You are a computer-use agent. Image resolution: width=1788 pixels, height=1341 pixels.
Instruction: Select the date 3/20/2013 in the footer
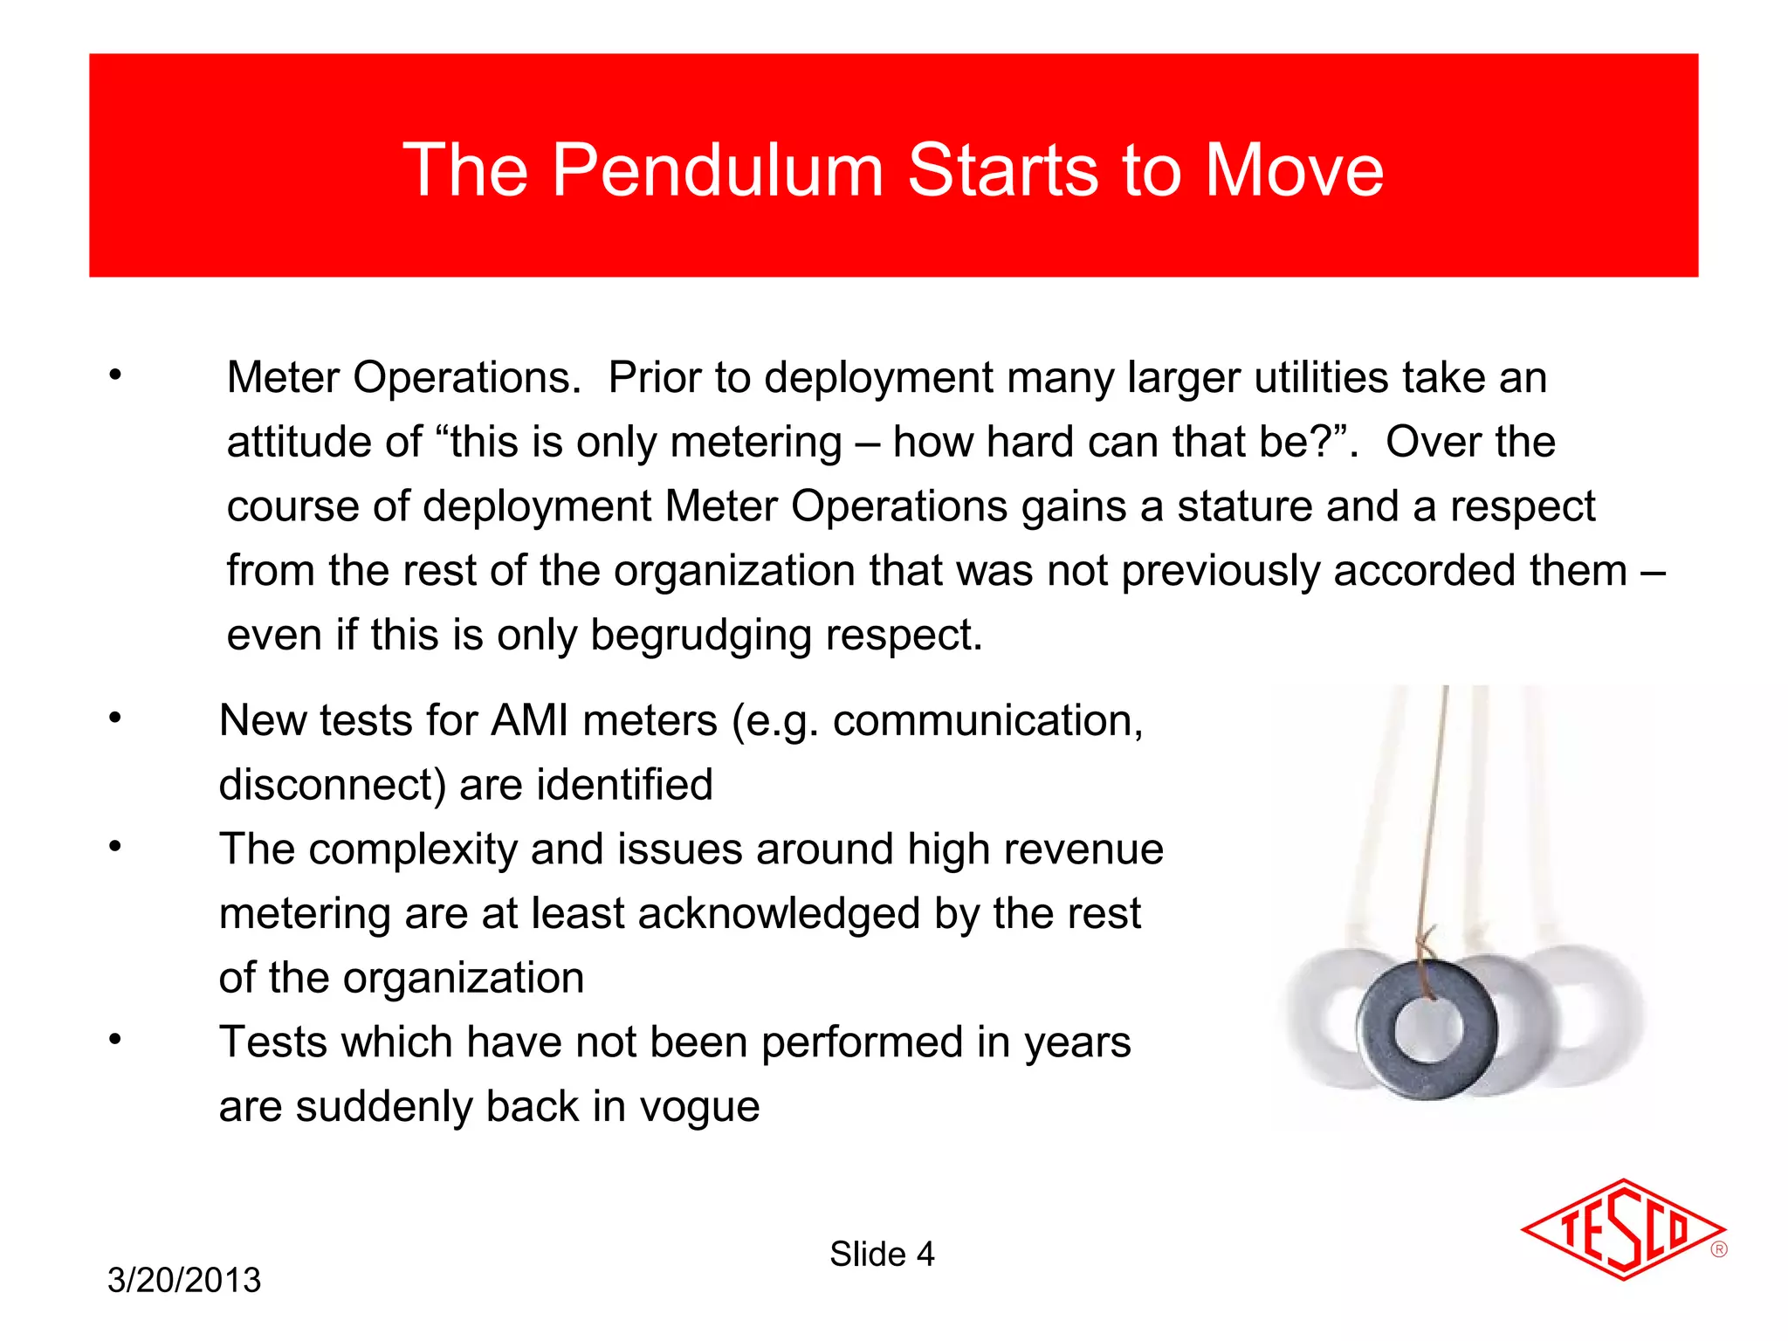point(184,1280)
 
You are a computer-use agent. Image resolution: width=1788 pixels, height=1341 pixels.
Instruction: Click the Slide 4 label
point(882,1254)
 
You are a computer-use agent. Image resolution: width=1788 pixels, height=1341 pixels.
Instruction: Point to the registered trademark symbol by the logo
point(1719,1249)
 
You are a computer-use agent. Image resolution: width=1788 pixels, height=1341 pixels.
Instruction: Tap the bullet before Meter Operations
point(115,376)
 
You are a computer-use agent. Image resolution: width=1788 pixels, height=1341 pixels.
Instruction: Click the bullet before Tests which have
point(115,1040)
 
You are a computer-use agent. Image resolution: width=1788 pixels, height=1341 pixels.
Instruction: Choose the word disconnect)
point(332,785)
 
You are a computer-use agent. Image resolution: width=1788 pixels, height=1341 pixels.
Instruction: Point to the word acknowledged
point(779,914)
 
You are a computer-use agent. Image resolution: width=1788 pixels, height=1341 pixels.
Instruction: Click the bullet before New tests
point(115,719)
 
